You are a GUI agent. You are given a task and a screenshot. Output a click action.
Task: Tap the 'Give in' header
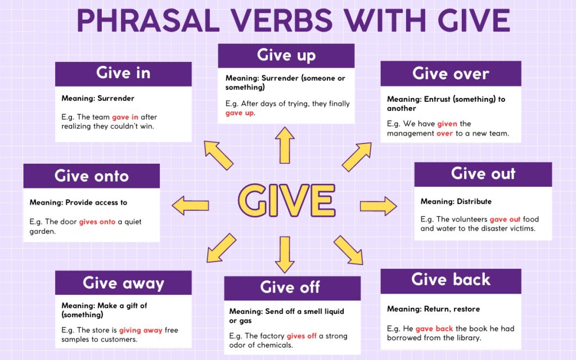pos(123,73)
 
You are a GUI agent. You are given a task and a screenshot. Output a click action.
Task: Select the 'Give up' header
pos(286,55)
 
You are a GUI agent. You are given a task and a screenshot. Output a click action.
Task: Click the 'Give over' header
pos(451,73)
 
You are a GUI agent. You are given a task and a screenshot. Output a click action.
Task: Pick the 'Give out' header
pos(483,174)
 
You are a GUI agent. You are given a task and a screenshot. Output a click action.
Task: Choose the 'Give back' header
pos(451,280)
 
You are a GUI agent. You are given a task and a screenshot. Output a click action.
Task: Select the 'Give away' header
pos(123,282)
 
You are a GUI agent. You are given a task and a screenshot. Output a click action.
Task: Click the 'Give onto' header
pos(92,176)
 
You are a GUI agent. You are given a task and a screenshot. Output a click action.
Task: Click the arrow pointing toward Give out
pos(378,206)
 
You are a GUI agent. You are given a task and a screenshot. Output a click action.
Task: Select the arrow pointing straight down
pos(285,254)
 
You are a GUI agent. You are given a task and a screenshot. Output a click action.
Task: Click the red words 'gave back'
pos(434,328)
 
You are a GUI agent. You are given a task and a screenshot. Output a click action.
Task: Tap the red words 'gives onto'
pos(97,222)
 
